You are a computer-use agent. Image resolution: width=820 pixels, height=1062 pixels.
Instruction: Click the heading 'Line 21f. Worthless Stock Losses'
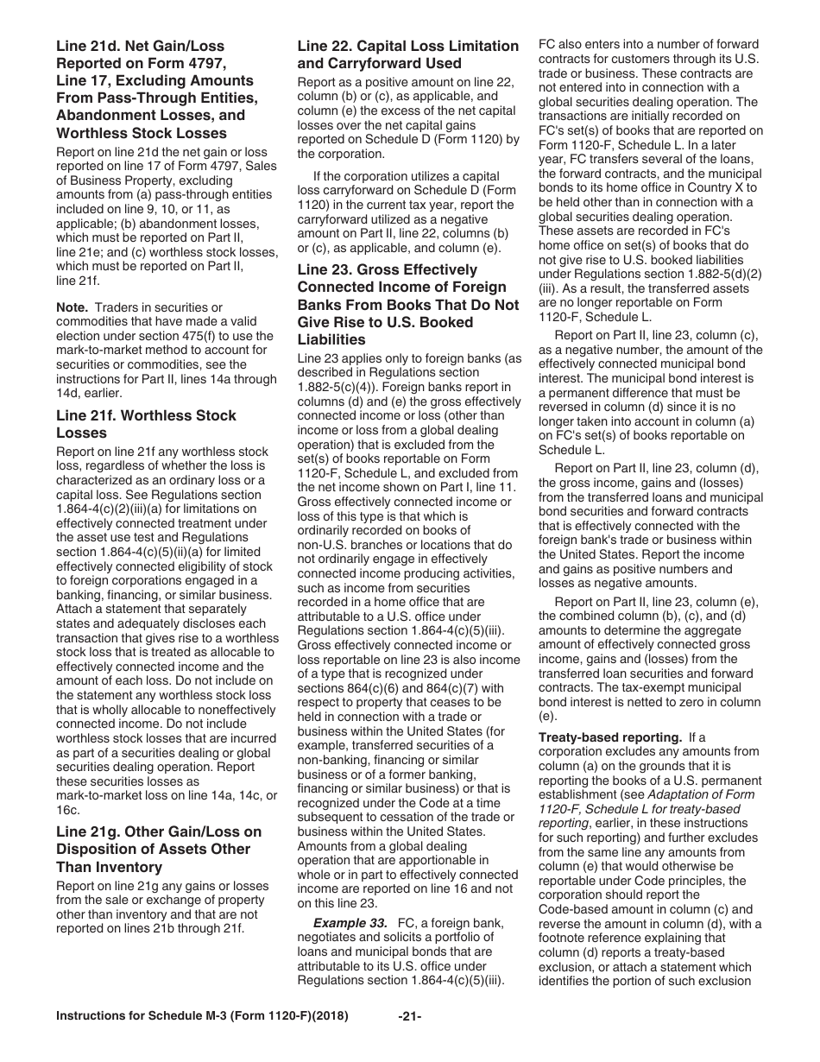click(146, 424)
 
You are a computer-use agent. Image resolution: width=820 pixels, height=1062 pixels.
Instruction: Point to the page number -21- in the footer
click(409, 1040)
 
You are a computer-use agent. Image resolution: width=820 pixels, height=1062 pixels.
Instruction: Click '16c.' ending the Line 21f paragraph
click(68, 810)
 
